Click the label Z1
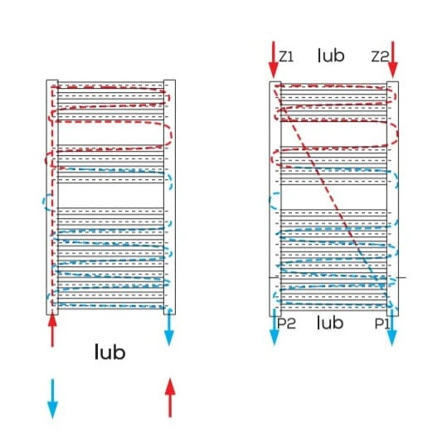(x=286, y=56)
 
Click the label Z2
(x=380, y=56)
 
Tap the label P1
(x=381, y=323)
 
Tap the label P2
(x=286, y=323)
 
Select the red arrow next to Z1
(x=274, y=60)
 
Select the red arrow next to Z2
(x=393, y=60)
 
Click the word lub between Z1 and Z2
(x=331, y=56)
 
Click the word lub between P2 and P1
(x=330, y=323)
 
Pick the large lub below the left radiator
(x=109, y=352)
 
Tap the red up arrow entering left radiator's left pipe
(x=52, y=331)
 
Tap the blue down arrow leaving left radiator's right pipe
(x=169, y=328)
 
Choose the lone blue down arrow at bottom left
(x=52, y=399)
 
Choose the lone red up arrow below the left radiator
(x=170, y=398)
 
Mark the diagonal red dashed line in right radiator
(x=332, y=197)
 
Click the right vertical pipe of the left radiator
(x=169, y=197)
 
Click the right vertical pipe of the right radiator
(x=392, y=199)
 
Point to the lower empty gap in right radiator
(x=333, y=197)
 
